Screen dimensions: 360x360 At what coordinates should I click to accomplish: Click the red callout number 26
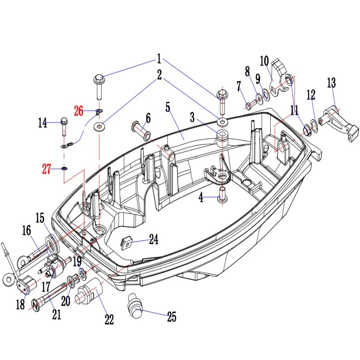point(79,111)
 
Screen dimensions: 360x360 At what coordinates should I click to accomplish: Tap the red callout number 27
point(47,169)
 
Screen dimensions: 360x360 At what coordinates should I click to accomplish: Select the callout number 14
point(42,123)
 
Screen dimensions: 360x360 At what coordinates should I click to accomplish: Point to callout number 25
point(172,317)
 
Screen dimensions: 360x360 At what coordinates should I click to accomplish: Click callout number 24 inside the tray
point(154,239)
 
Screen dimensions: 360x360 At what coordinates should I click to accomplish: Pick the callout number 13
point(331,83)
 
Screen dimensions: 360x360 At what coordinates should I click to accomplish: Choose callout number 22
point(109,319)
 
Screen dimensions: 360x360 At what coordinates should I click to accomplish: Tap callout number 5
point(168,108)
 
